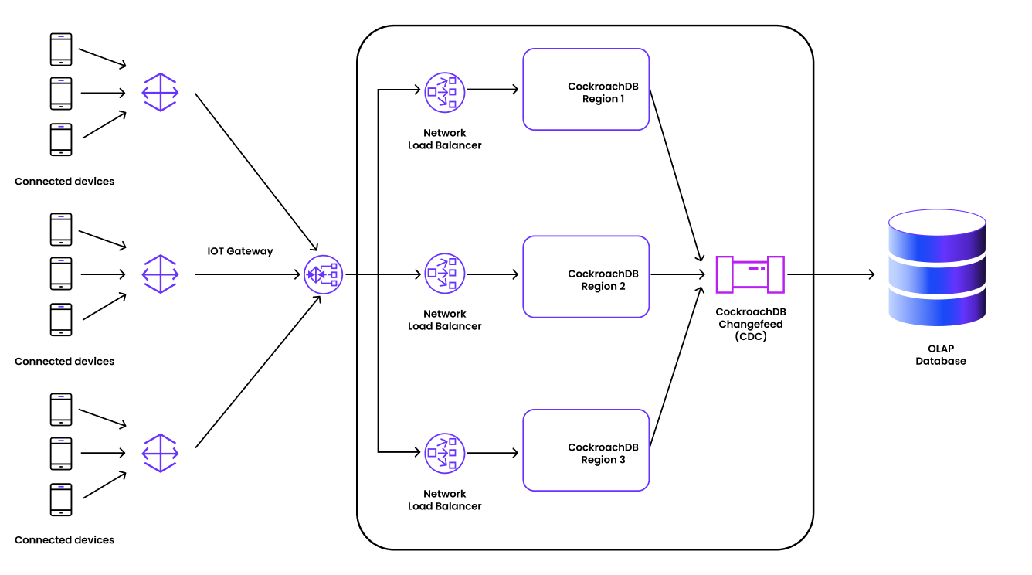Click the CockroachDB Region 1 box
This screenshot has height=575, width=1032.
click(586, 90)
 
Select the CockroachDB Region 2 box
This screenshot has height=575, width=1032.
click(586, 277)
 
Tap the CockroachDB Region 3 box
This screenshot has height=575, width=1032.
click(586, 451)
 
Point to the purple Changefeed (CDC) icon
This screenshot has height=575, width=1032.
click(749, 274)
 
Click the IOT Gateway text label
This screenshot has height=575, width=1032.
click(240, 251)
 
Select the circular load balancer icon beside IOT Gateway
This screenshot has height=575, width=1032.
click(323, 274)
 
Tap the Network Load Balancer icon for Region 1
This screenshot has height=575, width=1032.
click(444, 91)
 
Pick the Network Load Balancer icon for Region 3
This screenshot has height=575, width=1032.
click(444, 452)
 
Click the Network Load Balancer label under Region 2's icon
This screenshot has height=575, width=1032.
click(444, 320)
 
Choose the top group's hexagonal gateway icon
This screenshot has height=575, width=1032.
click(161, 93)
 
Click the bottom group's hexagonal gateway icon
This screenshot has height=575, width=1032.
click(161, 453)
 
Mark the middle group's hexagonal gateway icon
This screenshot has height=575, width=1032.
click(161, 274)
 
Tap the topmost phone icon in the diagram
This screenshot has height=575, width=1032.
click(61, 49)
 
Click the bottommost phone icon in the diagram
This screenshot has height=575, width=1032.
click(61, 499)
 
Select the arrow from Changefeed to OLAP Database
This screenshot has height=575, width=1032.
click(830, 274)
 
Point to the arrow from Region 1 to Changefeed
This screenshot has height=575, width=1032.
click(675, 175)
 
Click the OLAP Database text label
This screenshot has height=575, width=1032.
click(940, 355)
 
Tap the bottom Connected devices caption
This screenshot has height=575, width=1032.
click(64, 540)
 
